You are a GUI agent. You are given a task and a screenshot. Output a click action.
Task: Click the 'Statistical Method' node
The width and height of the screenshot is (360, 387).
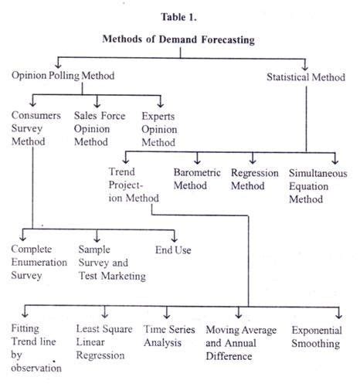pyautogui.click(x=304, y=76)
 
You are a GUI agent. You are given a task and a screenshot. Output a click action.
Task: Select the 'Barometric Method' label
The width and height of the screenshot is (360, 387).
pyautogui.click(x=197, y=179)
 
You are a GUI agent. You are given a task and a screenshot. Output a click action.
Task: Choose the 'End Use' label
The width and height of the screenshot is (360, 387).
pyautogui.click(x=174, y=250)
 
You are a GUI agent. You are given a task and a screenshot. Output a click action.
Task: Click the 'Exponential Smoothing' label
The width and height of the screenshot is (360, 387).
pyautogui.click(x=316, y=337)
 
